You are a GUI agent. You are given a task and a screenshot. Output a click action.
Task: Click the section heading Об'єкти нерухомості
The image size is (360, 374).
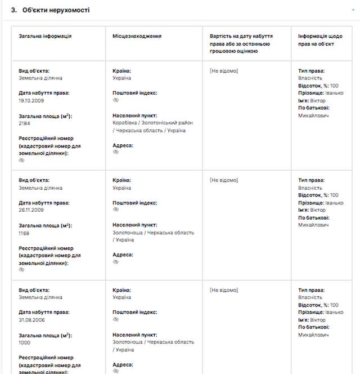[x=56, y=10]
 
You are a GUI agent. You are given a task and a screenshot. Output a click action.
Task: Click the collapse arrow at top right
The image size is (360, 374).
[x=352, y=10]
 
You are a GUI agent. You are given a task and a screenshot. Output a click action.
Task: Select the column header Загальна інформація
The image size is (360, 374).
[x=45, y=36]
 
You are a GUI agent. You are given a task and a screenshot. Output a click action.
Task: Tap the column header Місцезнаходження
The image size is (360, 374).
[x=137, y=36]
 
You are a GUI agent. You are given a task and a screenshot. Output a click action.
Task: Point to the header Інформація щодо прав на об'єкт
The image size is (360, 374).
[x=320, y=39]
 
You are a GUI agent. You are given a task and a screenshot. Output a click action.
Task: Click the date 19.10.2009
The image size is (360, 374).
[x=31, y=100]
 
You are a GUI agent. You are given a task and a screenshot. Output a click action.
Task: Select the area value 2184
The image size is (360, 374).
[x=24, y=123]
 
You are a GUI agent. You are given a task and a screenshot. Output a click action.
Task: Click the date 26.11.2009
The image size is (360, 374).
[x=31, y=210]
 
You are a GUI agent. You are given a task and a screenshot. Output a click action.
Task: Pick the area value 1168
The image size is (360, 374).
[x=24, y=233]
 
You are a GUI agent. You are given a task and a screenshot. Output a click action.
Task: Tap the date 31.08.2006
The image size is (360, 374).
[x=31, y=319]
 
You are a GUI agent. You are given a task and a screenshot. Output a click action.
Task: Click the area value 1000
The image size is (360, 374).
[x=24, y=342]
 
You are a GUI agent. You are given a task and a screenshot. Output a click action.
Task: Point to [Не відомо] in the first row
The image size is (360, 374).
[x=224, y=71]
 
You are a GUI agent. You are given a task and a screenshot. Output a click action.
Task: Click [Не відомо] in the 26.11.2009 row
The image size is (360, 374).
[x=224, y=180]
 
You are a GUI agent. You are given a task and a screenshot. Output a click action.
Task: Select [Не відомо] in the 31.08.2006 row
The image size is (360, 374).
[x=224, y=290]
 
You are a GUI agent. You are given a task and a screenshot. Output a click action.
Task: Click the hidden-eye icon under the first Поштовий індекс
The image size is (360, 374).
[x=116, y=100]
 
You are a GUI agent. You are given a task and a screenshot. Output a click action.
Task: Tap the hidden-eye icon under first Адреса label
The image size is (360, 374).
[x=116, y=152]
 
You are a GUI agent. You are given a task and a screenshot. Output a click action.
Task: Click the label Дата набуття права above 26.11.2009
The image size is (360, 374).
[x=44, y=203]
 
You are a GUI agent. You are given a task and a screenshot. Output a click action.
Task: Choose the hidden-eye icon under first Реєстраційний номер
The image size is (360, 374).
[x=22, y=160]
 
